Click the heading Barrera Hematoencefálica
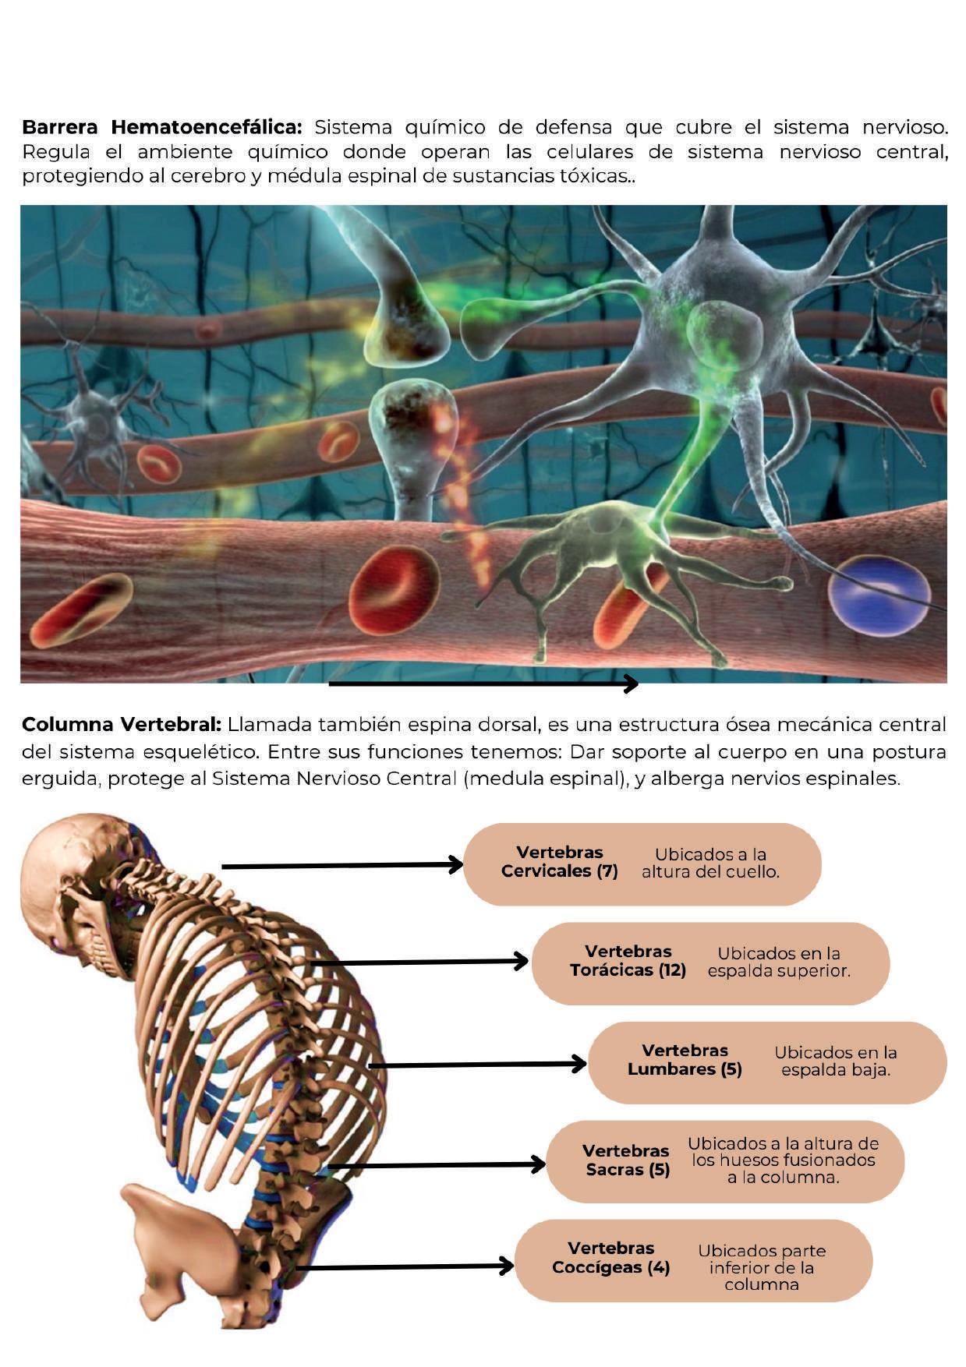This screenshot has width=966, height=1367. coord(161,127)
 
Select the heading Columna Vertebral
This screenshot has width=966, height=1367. coord(122,725)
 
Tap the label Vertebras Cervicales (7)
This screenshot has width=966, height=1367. coord(559,862)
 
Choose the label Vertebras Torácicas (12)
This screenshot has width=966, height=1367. coord(628,961)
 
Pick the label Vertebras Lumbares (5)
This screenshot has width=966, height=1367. coord(685,1060)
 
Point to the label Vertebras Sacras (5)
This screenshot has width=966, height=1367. coord(626,1160)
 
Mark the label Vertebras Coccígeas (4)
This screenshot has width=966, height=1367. coord(610,1258)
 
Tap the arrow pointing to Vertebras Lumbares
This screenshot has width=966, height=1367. coord(476,1065)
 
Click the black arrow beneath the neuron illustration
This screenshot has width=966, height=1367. coord(483,684)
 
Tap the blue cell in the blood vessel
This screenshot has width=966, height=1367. coord(879,594)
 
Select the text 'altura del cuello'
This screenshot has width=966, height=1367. coord(710,872)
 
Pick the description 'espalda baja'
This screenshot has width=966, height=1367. coord(835,1070)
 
